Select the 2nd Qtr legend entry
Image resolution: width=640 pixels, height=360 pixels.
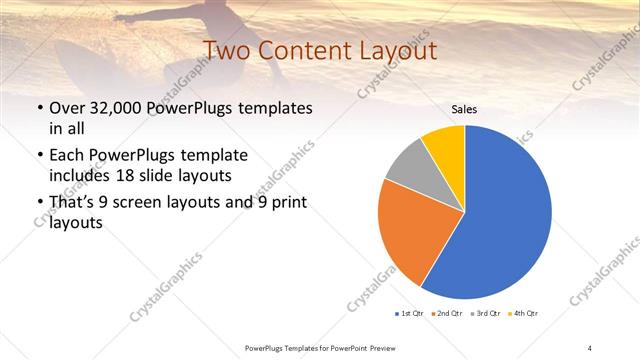(x=446, y=314)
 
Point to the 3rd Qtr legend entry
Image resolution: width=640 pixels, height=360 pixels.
(x=485, y=314)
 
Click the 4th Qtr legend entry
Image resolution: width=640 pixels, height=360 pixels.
(x=523, y=314)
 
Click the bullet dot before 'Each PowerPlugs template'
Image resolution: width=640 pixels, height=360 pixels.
(x=39, y=157)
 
